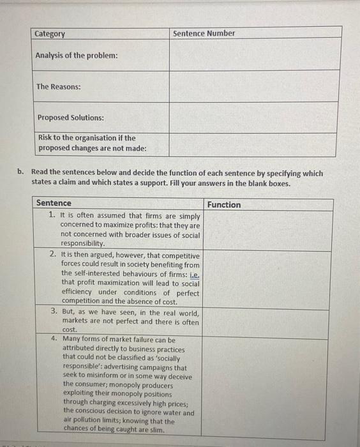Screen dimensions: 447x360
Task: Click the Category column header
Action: point(50,34)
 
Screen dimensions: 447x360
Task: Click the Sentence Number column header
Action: point(204,33)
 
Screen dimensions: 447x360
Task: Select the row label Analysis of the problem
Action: point(77,56)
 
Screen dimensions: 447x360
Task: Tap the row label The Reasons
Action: point(59,87)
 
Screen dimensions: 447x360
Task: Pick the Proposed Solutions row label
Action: point(70,117)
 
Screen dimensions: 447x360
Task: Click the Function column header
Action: point(223,205)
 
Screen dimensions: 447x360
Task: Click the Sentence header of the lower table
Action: point(54,203)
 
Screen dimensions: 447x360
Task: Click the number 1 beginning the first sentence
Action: point(52,216)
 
